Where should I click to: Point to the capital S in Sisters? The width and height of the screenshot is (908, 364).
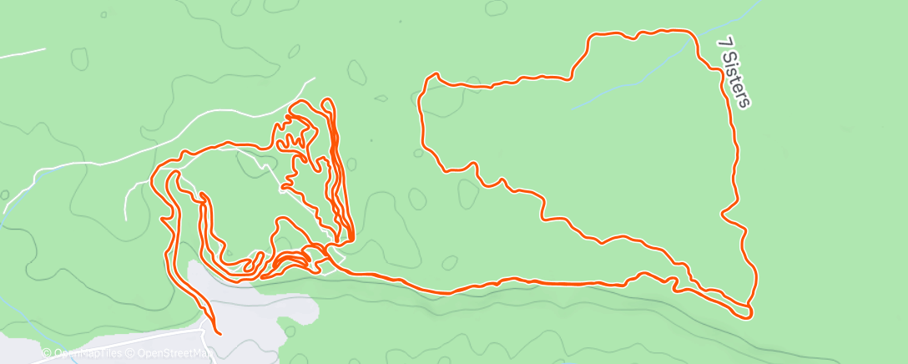tap(728, 58)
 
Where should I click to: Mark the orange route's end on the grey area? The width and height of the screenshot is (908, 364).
tap(219, 333)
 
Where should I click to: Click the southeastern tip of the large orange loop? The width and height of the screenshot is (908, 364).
tap(749, 313)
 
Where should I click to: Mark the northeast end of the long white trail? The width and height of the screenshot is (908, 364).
tap(314, 79)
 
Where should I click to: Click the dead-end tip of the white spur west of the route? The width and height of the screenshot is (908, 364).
tap(125, 219)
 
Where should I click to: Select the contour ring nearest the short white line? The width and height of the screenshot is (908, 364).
tap(80, 58)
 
